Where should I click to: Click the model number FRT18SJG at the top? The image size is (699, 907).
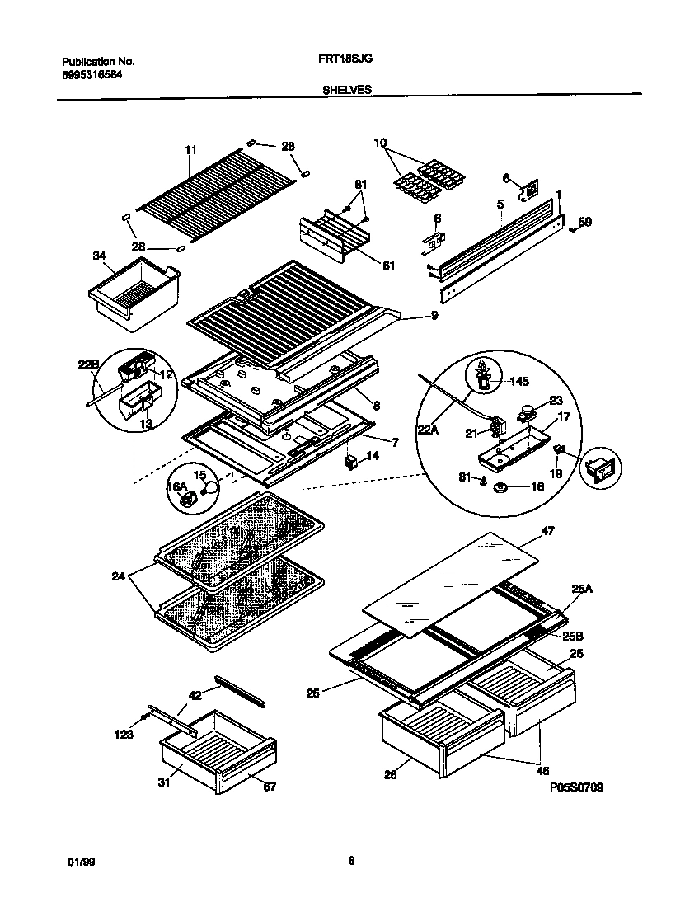tap(339, 60)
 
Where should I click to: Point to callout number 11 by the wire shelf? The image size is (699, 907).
tap(190, 150)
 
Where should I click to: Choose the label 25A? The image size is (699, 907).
tap(583, 589)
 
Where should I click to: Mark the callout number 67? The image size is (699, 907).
tap(270, 787)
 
